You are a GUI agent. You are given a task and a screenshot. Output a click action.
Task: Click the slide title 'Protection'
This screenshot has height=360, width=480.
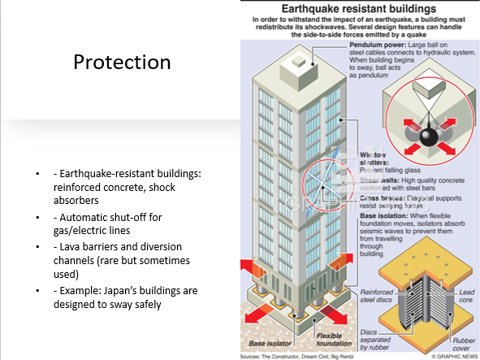click(122, 63)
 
